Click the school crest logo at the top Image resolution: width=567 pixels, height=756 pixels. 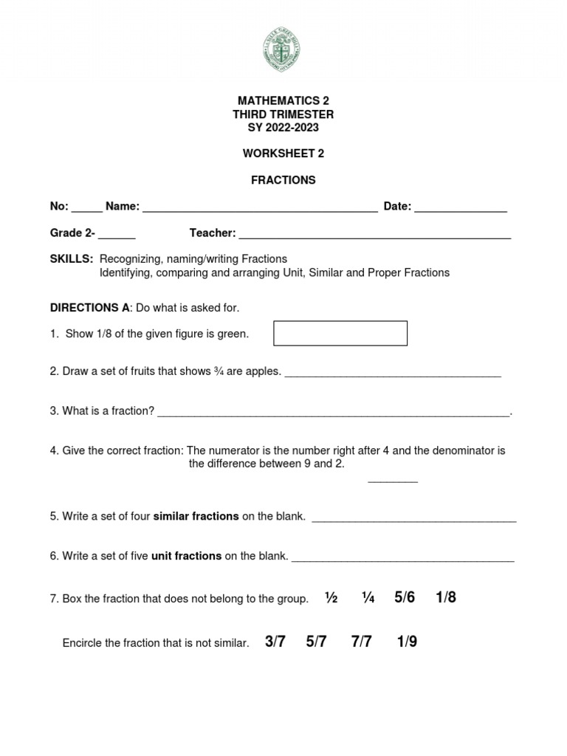coord(282,49)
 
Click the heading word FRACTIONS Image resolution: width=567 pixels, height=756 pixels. coord(283,180)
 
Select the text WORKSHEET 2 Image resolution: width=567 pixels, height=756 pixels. coord(283,154)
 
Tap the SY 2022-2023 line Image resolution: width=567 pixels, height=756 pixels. coord(283,128)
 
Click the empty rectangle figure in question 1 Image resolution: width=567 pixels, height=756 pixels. coord(340,333)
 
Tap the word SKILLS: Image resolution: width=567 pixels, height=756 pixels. coord(72,259)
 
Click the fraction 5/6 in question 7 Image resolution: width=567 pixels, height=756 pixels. coord(405,597)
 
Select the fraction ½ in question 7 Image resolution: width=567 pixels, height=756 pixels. coord(331,598)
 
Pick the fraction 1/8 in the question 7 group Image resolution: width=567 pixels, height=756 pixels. coord(446,597)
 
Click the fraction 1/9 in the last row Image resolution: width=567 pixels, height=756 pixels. coord(407,642)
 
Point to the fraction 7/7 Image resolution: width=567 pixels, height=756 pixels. coord(362,642)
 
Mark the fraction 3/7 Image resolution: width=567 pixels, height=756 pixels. coord(275,642)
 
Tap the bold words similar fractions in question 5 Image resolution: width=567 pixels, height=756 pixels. coord(196,516)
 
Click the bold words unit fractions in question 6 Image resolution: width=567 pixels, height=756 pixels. coord(186,556)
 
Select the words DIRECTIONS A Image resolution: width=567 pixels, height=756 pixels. coord(90,307)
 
